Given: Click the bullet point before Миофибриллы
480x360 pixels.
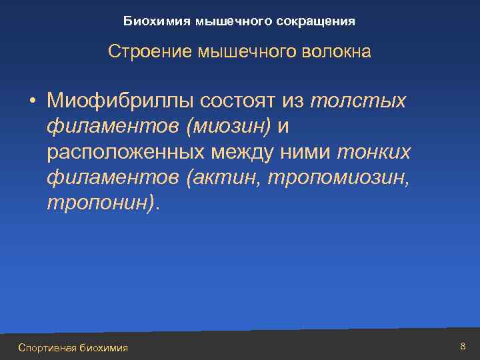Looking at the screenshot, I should point(31,101).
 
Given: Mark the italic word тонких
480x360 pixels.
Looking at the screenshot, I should point(375,153).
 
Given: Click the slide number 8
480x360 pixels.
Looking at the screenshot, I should point(463,346).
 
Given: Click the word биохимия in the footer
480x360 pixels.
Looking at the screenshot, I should point(103,347).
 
